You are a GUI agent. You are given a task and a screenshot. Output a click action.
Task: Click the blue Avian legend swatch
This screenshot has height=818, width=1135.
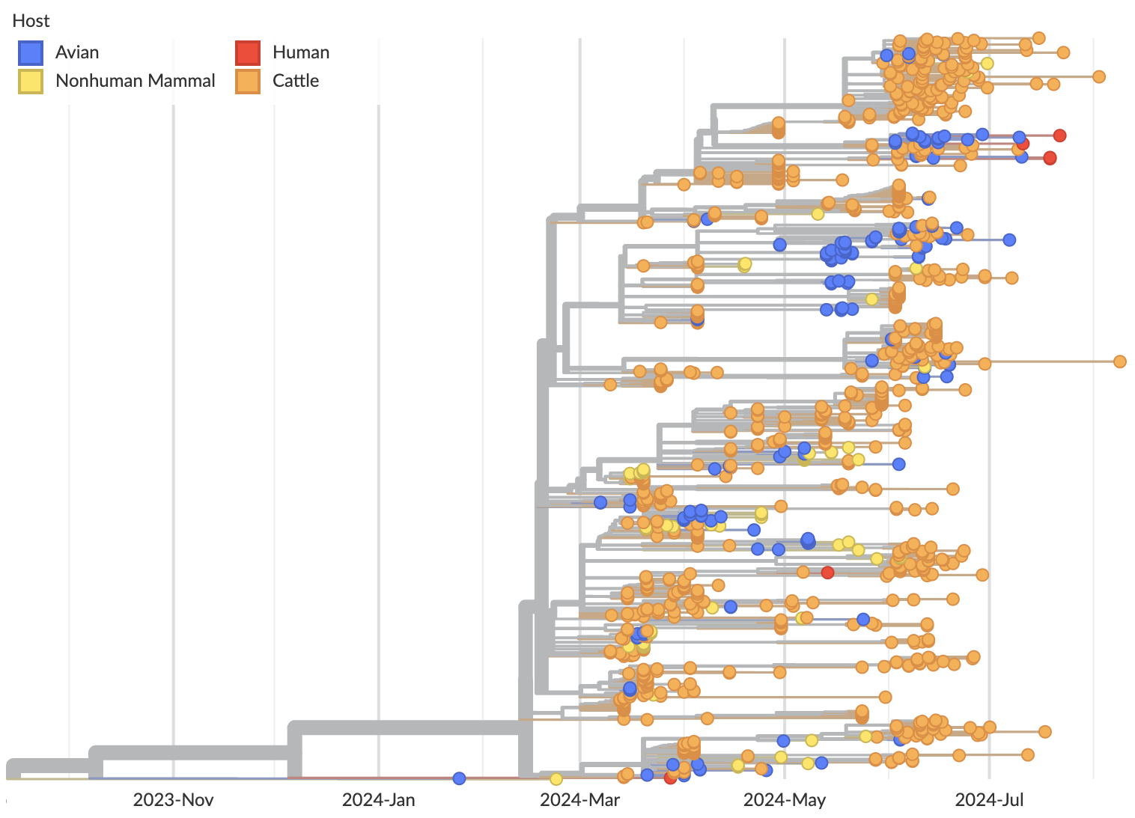tap(31, 52)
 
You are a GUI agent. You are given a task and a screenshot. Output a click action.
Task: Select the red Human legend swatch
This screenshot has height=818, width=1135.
tap(248, 52)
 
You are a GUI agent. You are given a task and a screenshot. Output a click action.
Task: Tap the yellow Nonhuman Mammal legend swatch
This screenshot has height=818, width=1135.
tap(31, 81)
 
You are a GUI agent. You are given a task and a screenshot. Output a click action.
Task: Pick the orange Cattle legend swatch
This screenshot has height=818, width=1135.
tap(248, 81)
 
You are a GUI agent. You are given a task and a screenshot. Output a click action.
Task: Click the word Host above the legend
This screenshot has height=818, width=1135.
tap(31, 21)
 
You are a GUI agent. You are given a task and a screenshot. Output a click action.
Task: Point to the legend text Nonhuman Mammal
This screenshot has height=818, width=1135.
tap(135, 81)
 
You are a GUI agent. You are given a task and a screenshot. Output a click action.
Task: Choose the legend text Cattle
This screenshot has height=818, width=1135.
tap(296, 81)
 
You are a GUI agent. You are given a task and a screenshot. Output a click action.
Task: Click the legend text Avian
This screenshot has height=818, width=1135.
tap(77, 52)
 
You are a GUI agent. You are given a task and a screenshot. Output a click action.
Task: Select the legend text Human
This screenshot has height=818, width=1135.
tap(301, 52)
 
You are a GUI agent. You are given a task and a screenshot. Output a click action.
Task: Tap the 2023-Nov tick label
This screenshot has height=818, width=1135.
tap(173, 800)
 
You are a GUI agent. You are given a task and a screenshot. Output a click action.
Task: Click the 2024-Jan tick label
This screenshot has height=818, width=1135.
tap(378, 800)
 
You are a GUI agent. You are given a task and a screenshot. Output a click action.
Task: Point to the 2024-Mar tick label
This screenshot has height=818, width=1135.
tap(580, 800)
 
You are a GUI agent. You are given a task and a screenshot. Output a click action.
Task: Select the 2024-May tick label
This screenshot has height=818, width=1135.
tap(785, 800)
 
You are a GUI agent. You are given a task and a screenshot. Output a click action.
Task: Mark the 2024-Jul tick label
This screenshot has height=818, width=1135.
tap(989, 800)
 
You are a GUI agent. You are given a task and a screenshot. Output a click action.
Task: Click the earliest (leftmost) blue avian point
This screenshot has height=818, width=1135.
tap(460, 778)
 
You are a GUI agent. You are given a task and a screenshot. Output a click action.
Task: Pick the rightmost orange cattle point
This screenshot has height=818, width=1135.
tap(1120, 361)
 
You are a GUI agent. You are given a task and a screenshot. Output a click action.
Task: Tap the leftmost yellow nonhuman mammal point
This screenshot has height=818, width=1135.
tap(556, 779)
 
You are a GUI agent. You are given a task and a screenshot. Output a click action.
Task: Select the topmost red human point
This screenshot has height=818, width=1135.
tap(1059, 135)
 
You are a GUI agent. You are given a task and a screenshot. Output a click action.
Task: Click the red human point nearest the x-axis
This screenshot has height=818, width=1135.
tap(670, 778)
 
